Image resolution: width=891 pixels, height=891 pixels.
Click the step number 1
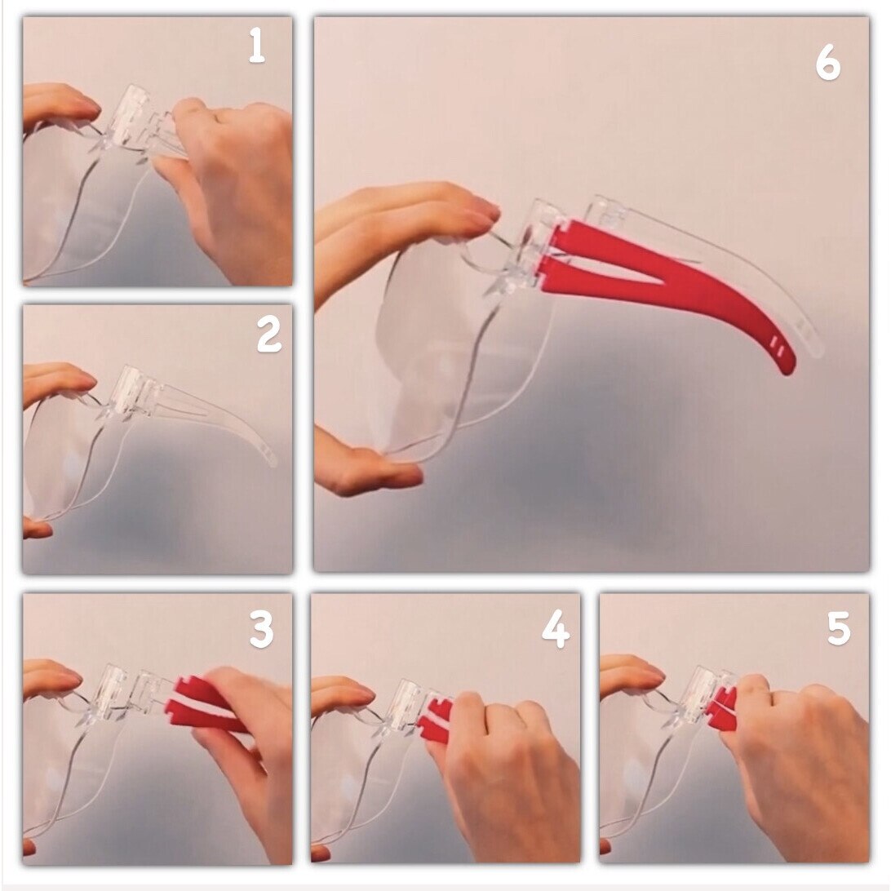click(x=257, y=46)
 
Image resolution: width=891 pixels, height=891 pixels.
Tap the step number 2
click(x=268, y=335)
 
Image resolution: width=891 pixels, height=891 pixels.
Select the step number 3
click(x=261, y=630)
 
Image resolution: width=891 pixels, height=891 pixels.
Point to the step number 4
click(x=555, y=630)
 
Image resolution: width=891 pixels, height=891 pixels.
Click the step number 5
click(x=839, y=628)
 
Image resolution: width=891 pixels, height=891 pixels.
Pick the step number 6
click(x=827, y=63)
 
